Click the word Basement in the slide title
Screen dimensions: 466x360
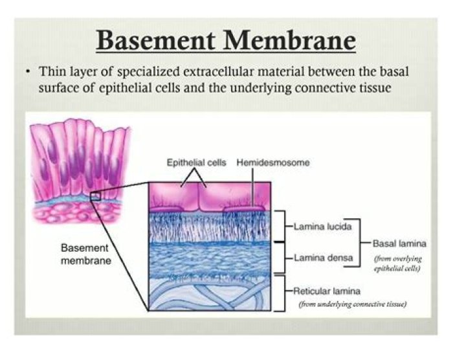[x=155, y=40]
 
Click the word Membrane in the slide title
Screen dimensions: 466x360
[x=289, y=40]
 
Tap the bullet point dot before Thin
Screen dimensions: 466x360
[x=28, y=72]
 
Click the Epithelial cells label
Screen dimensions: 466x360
[x=196, y=163]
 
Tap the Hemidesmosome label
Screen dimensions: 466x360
[x=273, y=163]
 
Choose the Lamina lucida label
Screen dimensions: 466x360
[x=322, y=227]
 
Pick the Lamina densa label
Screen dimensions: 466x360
[x=324, y=258]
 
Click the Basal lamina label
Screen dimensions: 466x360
[x=399, y=243]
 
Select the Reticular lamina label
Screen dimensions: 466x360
[x=327, y=291]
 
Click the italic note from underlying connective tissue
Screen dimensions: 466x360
[x=353, y=304]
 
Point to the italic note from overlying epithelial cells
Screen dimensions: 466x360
[x=397, y=264]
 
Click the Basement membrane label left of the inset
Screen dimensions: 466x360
[x=85, y=254]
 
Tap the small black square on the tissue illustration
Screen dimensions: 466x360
[x=96, y=196]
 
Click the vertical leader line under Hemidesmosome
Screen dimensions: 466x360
[x=252, y=187]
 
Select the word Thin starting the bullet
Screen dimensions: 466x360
[x=52, y=72]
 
